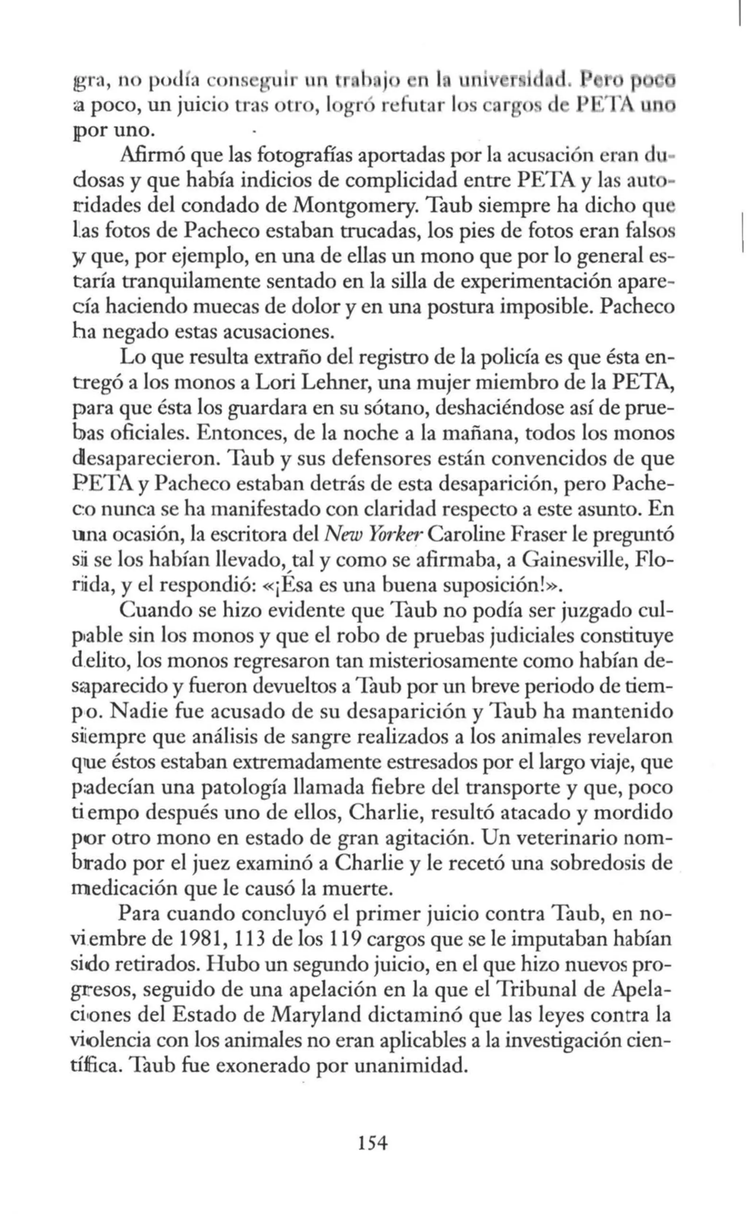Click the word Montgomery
tap(356, 206)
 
